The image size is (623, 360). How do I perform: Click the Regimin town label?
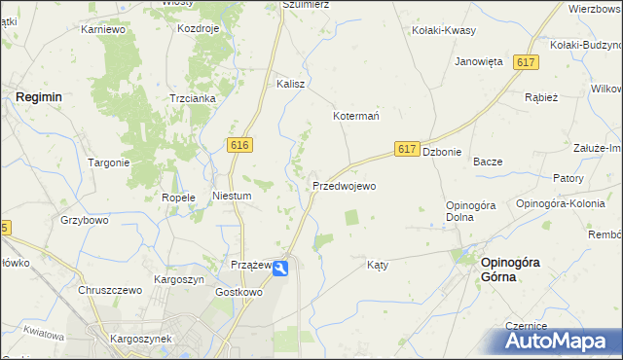(x=39, y=97)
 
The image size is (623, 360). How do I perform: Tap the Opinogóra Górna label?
(x=507, y=270)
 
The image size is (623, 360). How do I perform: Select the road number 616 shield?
(x=241, y=145)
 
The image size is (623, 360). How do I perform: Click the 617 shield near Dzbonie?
(x=408, y=149)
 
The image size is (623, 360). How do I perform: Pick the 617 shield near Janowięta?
(x=526, y=62)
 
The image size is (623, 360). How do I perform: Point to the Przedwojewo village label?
(x=344, y=185)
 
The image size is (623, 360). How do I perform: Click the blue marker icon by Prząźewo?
(x=281, y=269)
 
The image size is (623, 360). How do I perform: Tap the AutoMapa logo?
(x=559, y=342)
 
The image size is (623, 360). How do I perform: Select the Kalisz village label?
(x=291, y=84)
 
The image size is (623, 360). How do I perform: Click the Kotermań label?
(x=356, y=115)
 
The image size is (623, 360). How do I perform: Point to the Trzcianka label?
(x=193, y=99)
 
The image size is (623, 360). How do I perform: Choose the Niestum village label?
(x=232, y=196)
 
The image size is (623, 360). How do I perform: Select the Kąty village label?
(x=378, y=265)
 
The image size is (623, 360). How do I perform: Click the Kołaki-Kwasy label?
(x=444, y=30)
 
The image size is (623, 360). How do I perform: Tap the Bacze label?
(x=487, y=162)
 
